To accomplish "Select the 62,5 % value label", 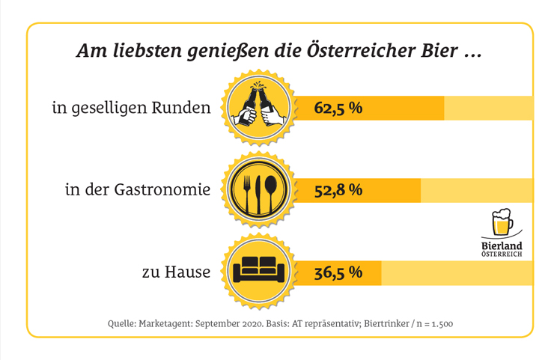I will (338, 109).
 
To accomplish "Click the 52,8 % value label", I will (338, 190).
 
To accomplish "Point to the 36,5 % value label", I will (338, 271).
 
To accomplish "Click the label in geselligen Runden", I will (131, 109).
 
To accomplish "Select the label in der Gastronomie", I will (137, 190).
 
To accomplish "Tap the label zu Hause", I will (176, 272).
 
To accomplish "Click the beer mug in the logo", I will (502, 222).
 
